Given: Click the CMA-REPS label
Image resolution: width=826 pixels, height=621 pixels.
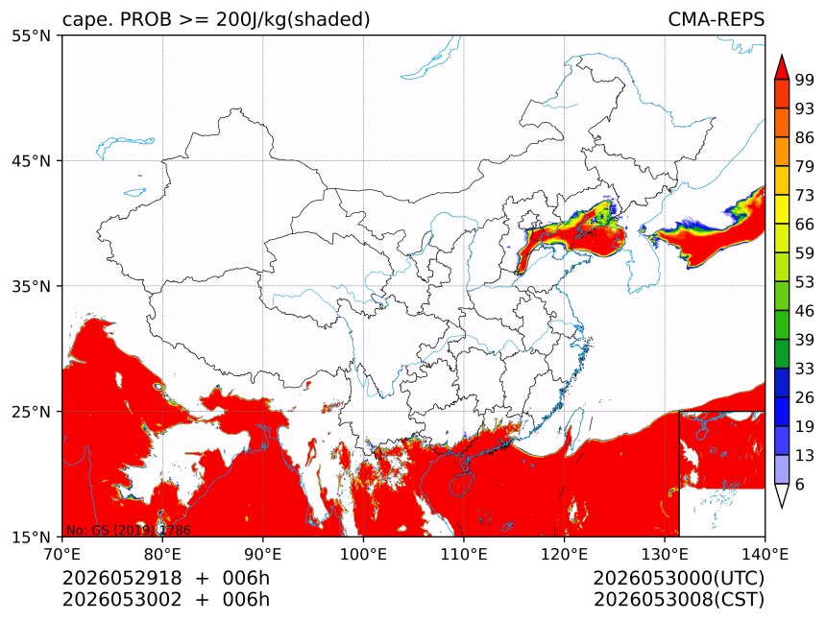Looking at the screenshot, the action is click(x=716, y=19).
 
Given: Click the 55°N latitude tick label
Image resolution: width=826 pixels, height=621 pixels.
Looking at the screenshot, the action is click(x=31, y=36).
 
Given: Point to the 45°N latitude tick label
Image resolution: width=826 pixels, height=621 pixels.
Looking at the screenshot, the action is click(x=31, y=161).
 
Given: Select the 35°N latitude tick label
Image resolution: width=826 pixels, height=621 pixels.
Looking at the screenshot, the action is click(x=31, y=286).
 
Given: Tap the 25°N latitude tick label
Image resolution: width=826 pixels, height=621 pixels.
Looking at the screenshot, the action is click(x=31, y=412).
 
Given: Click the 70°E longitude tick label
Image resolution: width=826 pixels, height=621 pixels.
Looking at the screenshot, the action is click(x=61, y=554).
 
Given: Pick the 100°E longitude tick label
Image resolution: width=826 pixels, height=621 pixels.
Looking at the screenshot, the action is click(x=363, y=554).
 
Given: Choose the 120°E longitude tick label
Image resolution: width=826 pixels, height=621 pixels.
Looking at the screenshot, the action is click(x=564, y=554).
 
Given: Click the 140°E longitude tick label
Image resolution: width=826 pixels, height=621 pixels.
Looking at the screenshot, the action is click(x=765, y=554).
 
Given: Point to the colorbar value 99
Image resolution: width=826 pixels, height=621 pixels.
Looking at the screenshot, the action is click(x=805, y=80).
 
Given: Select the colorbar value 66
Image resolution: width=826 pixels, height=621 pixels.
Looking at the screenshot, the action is click(x=805, y=225).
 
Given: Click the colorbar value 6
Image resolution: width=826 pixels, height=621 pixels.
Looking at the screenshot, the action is click(x=800, y=484).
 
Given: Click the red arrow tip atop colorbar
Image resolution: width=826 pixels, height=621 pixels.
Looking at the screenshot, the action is click(x=782, y=55).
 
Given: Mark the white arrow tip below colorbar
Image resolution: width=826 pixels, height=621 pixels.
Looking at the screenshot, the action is click(x=782, y=508).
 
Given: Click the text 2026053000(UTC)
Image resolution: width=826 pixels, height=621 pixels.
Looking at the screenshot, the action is click(x=678, y=579).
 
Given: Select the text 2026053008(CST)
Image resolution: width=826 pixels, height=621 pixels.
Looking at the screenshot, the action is click(x=678, y=600).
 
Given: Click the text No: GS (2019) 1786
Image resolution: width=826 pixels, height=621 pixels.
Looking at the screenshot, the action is click(x=128, y=530).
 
